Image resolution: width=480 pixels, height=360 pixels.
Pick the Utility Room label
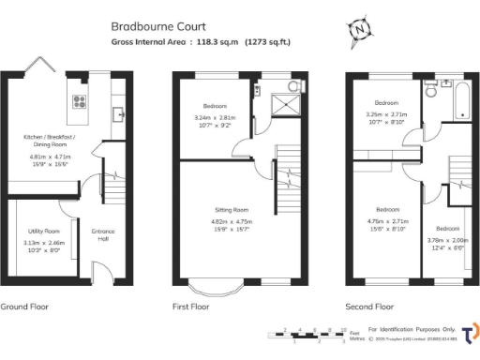41,231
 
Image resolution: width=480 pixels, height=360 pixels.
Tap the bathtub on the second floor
461,101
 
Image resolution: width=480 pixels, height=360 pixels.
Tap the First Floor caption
193,306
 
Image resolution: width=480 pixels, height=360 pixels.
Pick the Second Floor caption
370,306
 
